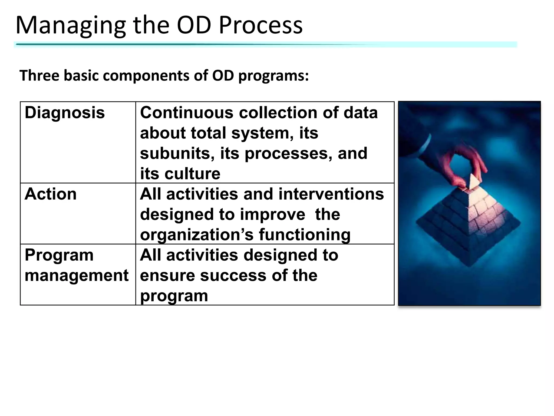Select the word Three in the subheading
39,76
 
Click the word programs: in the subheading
273,76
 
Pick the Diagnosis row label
65,112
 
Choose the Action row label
51,194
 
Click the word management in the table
77,275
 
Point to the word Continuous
186,112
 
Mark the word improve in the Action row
272,214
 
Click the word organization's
197,235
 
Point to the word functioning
305,235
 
